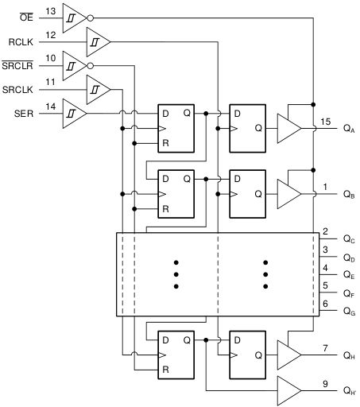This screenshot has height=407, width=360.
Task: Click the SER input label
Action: [x=24, y=113]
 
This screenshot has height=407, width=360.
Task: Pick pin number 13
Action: [x=51, y=10]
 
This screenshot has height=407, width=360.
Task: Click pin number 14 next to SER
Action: [x=51, y=106]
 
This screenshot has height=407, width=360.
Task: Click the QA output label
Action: [x=349, y=128]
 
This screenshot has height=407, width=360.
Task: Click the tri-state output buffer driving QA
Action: [x=288, y=128]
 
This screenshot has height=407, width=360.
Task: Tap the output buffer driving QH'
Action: [x=288, y=389]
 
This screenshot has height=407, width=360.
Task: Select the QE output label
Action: [x=349, y=275]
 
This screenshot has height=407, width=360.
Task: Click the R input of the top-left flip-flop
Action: [x=165, y=143]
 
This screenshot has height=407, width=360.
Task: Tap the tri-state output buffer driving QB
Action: [x=288, y=192]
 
